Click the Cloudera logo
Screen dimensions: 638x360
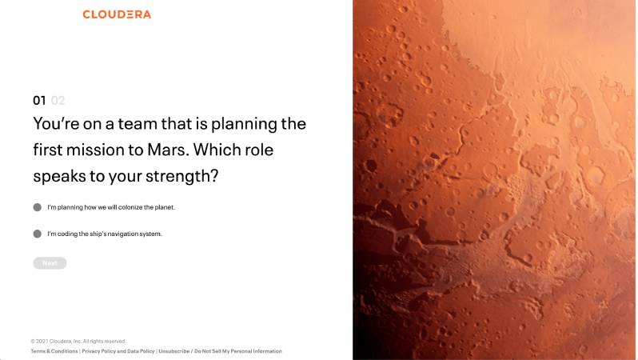[x=117, y=14]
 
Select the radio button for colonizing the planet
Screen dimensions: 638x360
[x=38, y=207]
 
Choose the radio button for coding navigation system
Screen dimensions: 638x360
[x=38, y=234]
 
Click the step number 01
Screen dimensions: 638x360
[x=39, y=101]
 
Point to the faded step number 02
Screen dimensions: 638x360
[x=58, y=101]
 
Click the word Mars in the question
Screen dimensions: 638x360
[x=168, y=150]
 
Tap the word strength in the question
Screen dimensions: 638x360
[x=181, y=176]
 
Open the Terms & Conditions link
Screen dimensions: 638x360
[x=54, y=351]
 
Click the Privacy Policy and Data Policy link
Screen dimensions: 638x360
[x=118, y=351]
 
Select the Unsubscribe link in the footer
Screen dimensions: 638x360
[x=174, y=351]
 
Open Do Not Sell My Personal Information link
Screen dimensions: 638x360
[x=238, y=351]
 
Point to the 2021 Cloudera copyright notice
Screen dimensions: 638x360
[x=78, y=342]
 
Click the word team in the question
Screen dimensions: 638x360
[x=138, y=124]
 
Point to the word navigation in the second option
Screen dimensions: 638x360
[x=123, y=234]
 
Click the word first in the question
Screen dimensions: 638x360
[x=48, y=150]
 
